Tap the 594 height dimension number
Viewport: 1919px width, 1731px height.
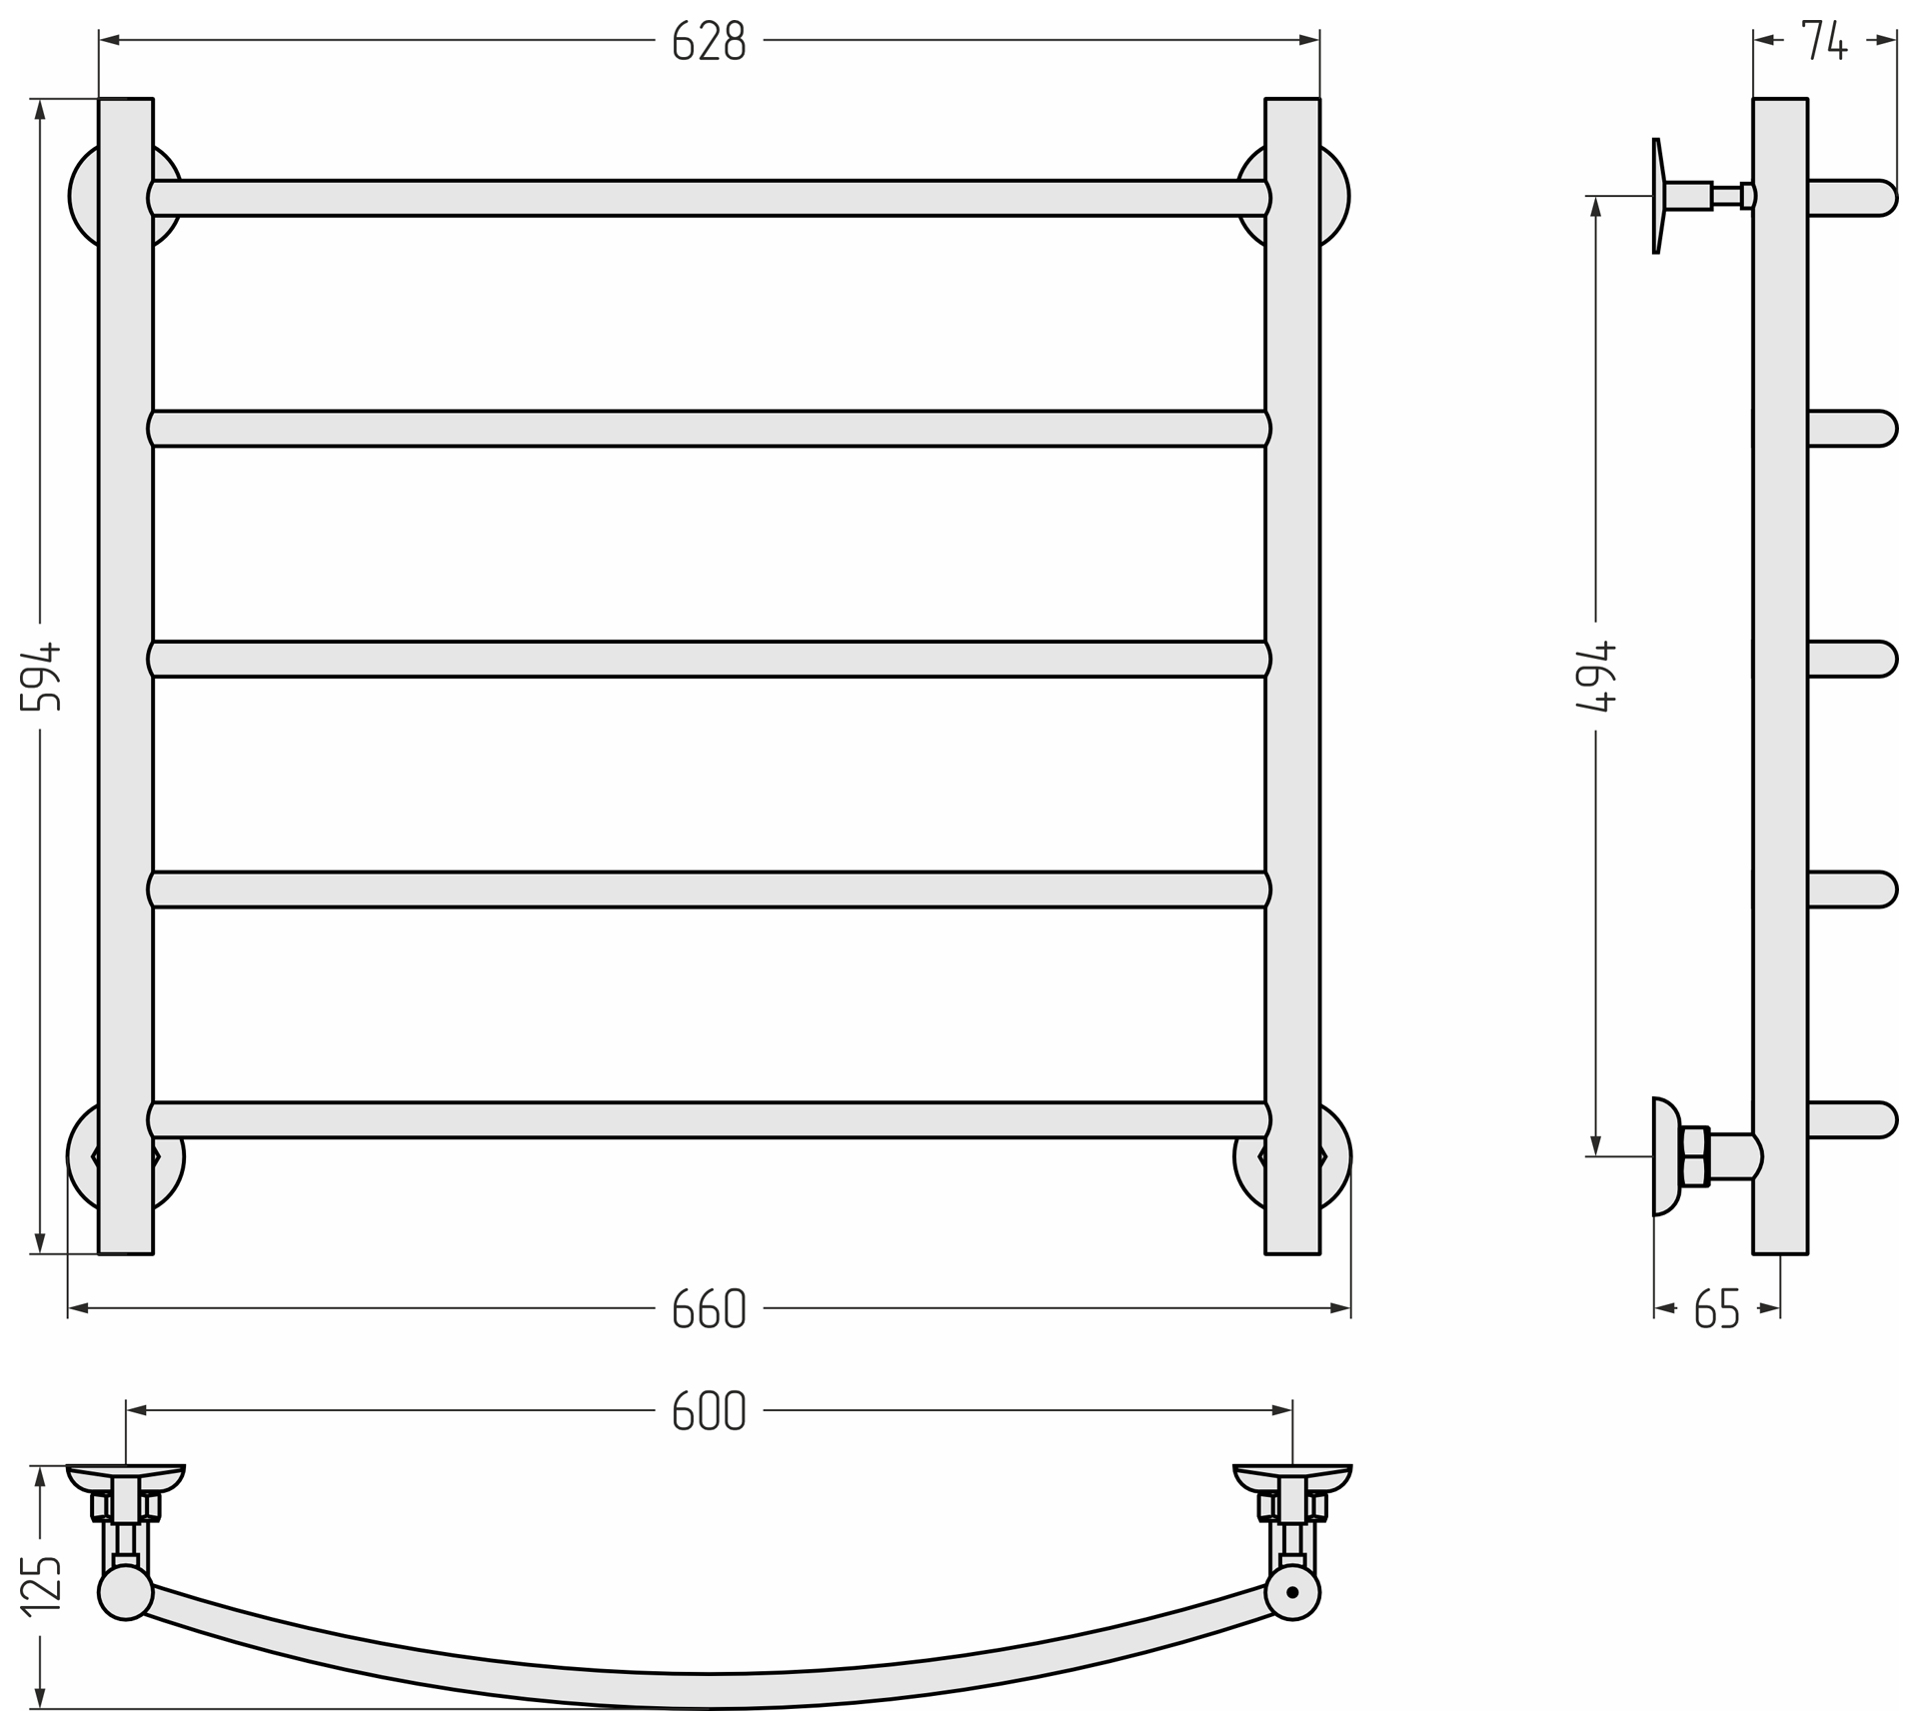point(42,677)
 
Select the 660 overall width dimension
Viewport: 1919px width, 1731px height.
point(709,1308)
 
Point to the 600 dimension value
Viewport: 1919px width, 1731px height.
point(709,1410)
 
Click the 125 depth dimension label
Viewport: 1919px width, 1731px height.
point(42,1585)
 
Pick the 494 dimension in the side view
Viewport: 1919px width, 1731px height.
point(1595,677)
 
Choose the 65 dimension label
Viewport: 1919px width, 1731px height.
point(1717,1308)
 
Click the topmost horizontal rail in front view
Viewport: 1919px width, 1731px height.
point(709,198)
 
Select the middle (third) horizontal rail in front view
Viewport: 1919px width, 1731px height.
point(709,660)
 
